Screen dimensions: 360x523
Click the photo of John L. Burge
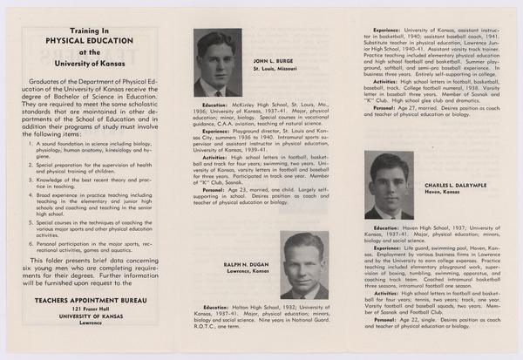click(x=217, y=64)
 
